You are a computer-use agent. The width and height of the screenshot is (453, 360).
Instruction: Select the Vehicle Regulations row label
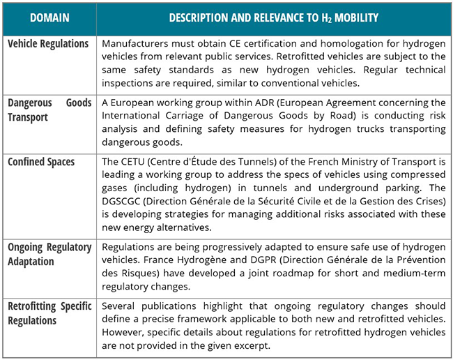pyautogui.click(x=48, y=44)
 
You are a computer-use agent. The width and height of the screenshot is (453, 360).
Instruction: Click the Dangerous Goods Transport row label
pyautogui.click(x=49, y=110)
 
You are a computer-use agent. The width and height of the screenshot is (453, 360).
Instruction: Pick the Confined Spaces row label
pyautogui.click(x=41, y=162)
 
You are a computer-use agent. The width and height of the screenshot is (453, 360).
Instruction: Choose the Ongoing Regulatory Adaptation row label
pyautogui.click(x=49, y=254)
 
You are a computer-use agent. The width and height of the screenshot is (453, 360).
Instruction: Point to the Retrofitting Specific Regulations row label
pyautogui.click(x=49, y=313)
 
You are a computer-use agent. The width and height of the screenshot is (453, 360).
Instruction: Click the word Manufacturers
pyautogui.click(x=135, y=44)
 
